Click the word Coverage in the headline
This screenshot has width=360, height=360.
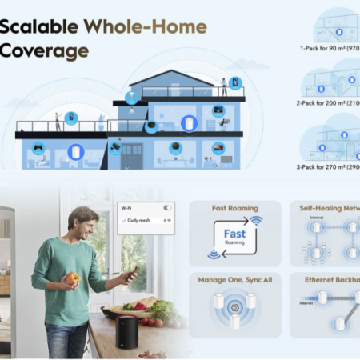coord(44,50)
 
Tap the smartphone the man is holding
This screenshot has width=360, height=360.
coord(132,275)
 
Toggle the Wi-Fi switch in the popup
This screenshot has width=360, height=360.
coord(167,207)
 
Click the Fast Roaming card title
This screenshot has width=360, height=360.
coord(234,208)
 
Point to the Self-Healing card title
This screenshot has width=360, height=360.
coord(328,208)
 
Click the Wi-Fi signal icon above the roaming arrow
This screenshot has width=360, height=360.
coord(256,220)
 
